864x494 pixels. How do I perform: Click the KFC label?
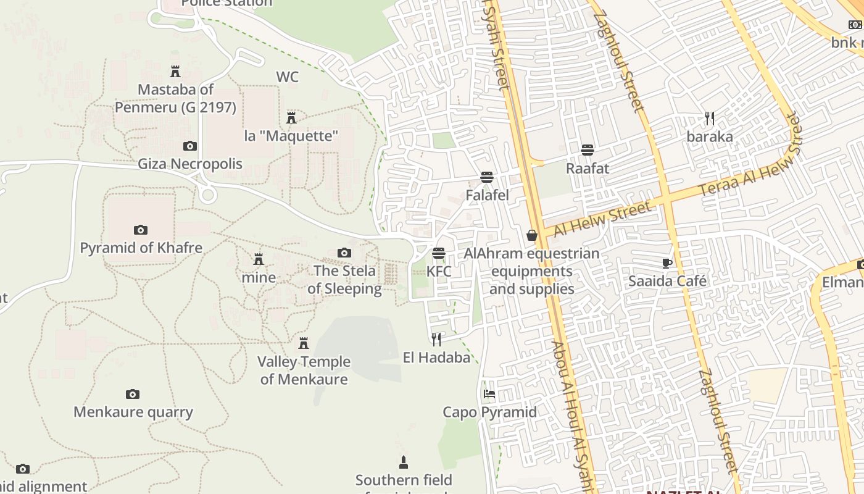[x=439, y=272]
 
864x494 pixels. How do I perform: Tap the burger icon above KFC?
[x=439, y=253]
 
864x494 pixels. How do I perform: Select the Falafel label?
[x=487, y=195]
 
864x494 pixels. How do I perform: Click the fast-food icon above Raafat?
[x=588, y=149]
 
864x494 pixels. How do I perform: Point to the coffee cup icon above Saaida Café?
[x=667, y=263]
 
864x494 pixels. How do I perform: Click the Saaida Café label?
[x=667, y=281]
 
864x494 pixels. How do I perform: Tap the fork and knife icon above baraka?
[x=710, y=118]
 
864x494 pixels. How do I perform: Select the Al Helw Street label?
[x=602, y=220]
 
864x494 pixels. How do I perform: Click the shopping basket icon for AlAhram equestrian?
[x=532, y=235]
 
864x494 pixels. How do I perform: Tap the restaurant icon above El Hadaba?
[x=436, y=339]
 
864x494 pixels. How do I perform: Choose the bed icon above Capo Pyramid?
[x=489, y=393]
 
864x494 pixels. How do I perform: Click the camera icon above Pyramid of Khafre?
[x=141, y=230]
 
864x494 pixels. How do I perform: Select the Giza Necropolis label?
[x=190, y=164]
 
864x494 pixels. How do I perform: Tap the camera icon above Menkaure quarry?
[x=133, y=394]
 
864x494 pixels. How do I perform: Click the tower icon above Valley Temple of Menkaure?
[x=304, y=343]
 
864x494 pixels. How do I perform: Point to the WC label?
[x=288, y=77]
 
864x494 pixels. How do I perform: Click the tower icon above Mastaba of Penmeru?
[x=175, y=72]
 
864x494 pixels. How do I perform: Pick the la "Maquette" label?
[x=291, y=136]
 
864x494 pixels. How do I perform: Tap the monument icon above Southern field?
[x=404, y=462]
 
